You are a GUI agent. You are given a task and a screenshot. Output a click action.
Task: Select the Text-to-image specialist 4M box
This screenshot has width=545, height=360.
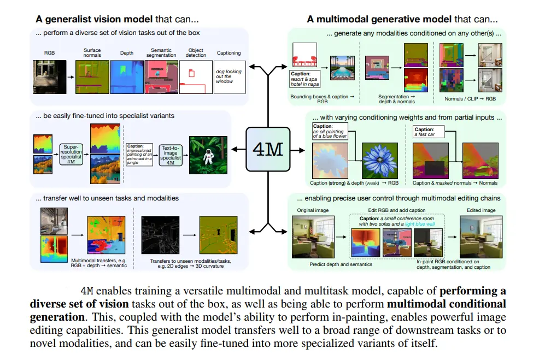(171, 155)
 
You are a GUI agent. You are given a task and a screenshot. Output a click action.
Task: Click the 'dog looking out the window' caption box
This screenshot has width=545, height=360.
(230, 76)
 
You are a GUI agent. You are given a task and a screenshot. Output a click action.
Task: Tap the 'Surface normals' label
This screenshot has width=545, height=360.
(92, 52)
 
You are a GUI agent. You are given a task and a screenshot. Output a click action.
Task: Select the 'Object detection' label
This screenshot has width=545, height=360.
(196, 52)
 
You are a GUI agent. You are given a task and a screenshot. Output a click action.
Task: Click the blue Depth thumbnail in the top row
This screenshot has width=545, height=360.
(126, 76)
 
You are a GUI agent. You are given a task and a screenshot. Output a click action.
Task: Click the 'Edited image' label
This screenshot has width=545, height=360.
(481, 210)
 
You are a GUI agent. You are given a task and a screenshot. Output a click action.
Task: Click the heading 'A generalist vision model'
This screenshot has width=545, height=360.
(94, 19)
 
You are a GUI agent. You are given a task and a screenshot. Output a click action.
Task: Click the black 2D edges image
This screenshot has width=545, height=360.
(160, 234)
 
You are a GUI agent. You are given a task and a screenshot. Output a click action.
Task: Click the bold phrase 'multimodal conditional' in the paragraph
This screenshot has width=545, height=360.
(446, 303)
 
